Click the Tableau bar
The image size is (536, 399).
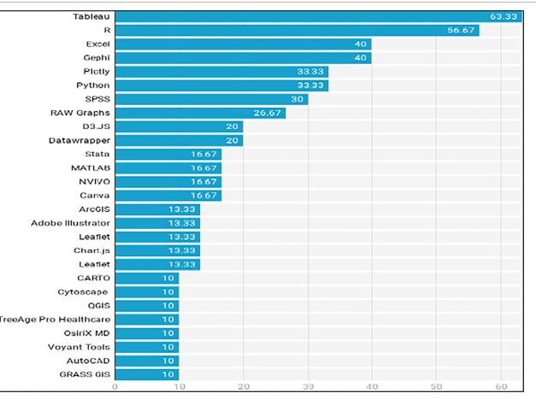(x=316, y=16)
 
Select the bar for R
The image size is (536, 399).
(x=297, y=30)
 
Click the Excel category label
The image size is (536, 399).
(x=97, y=44)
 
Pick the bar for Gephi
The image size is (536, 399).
(x=243, y=57)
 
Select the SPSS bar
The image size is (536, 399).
(x=211, y=99)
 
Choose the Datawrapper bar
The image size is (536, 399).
(x=179, y=140)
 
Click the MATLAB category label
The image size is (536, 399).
(x=91, y=167)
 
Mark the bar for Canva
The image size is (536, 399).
(x=168, y=196)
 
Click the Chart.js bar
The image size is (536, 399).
(x=157, y=250)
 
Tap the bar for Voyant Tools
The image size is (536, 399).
(x=146, y=347)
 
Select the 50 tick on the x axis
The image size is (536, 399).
(x=436, y=387)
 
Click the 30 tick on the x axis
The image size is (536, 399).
(x=307, y=387)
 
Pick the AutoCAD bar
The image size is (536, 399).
(x=146, y=361)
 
